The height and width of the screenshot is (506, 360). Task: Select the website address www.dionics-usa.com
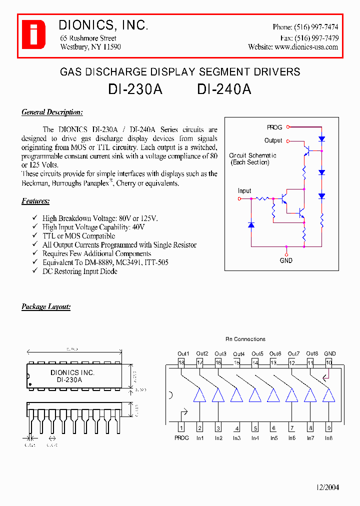pos(306,47)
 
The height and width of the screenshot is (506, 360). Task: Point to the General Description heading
pos(52,112)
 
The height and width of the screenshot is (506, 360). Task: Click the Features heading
pos(35,201)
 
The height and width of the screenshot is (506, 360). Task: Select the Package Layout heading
pos(46,306)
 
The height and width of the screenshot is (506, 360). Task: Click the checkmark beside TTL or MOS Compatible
pos(34,236)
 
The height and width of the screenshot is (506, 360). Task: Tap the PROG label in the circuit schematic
pos(274,127)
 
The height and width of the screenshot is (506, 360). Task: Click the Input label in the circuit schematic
pos(244,191)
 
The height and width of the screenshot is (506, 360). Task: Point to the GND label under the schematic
pos(286,260)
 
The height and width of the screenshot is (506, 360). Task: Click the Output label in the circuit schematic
pos(273,140)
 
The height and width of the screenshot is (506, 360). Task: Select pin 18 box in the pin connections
pos(181,362)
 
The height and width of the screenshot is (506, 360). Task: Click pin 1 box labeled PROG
pos(181,428)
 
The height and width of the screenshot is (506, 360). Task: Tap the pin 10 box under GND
pos(328,362)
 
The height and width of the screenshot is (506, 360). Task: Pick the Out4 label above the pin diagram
pos(238,354)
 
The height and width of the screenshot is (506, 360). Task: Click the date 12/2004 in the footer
pos(327,487)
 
